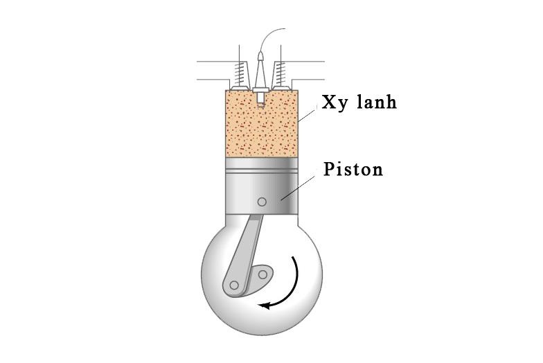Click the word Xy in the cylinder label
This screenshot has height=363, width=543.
(x=334, y=103)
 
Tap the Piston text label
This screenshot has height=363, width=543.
(x=353, y=169)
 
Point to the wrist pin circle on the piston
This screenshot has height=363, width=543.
(x=262, y=202)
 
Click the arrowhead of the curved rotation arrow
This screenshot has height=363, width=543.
(x=265, y=305)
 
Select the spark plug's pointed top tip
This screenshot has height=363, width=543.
(x=261, y=53)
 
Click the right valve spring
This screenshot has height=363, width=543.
(x=281, y=73)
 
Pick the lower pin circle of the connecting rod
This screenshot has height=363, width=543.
(x=234, y=285)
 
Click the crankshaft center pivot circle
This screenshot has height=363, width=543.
(x=263, y=274)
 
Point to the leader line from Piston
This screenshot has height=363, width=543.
(x=298, y=188)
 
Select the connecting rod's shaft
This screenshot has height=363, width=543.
(x=245, y=253)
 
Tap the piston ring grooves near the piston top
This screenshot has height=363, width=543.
(x=262, y=170)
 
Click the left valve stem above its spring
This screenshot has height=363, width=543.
(x=240, y=53)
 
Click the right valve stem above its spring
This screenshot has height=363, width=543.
(x=281, y=53)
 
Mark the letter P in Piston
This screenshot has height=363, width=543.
(x=329, y=169)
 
